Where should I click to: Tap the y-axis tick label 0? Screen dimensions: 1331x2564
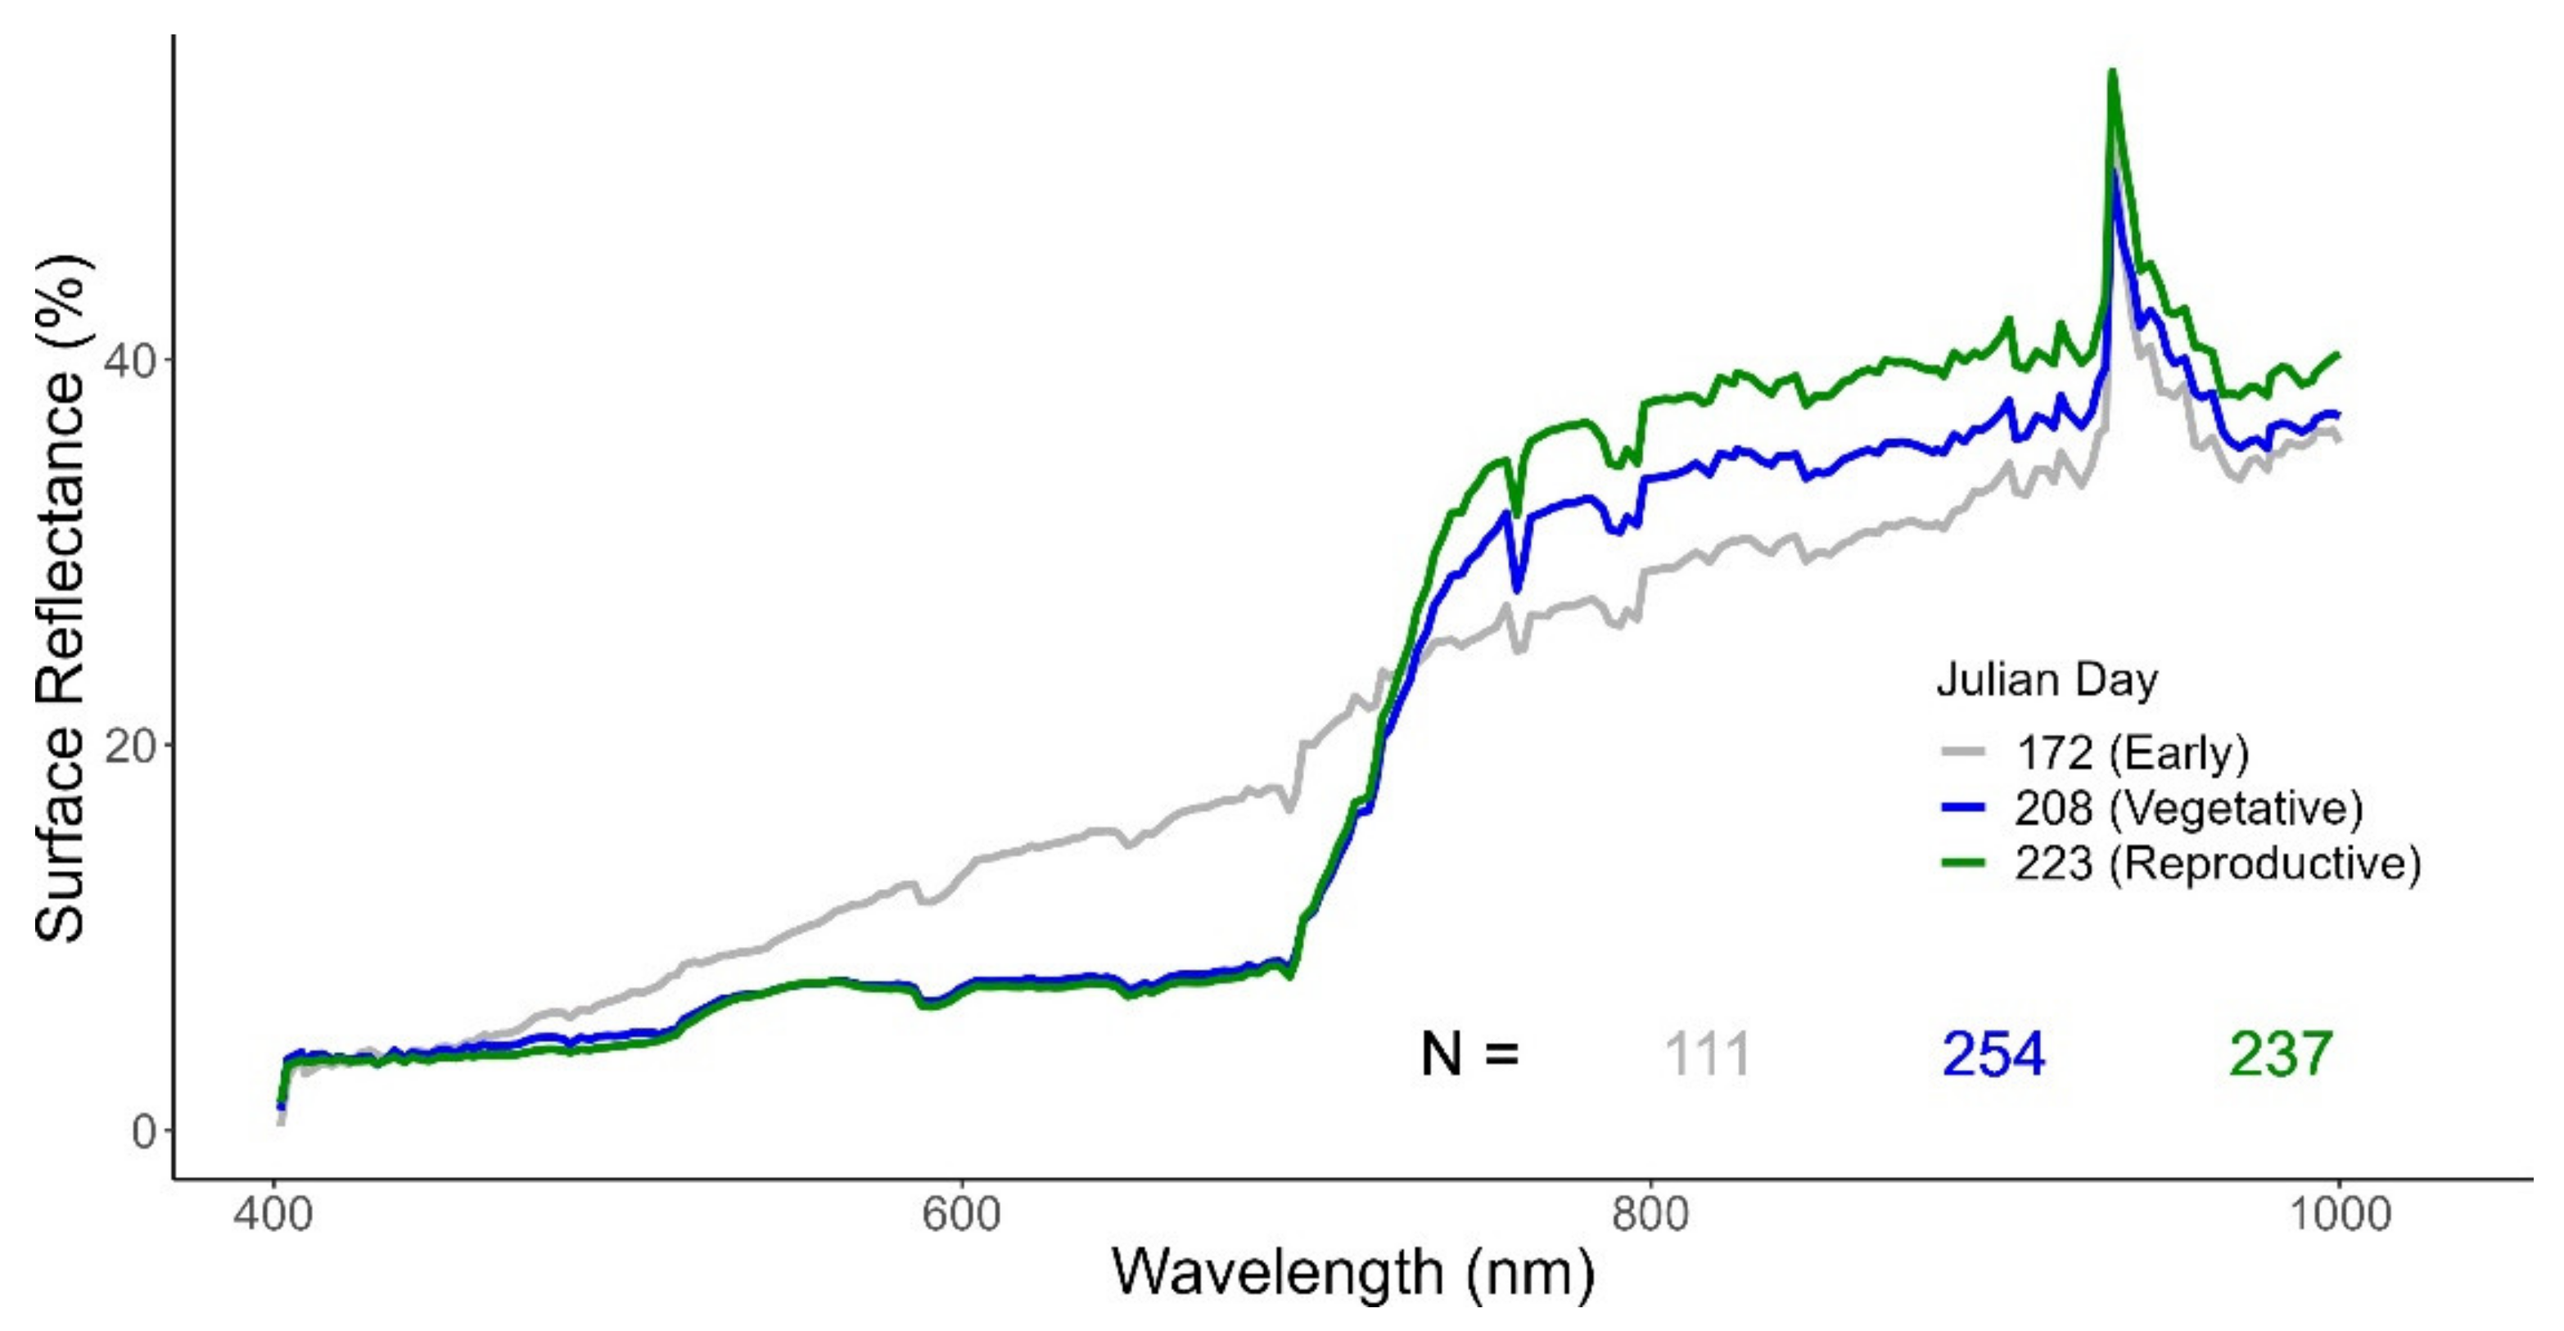pos(146,1131)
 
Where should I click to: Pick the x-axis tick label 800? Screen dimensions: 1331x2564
pos(1651,1215)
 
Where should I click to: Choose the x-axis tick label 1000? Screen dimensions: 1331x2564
pos(2338,1215)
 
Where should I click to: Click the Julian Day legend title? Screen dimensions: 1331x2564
pos(2047,681)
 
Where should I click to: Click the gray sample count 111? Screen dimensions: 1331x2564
pos(1707,1055)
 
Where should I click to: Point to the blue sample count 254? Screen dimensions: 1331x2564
pos(1993,1055)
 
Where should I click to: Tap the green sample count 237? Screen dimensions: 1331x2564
pos(2280,1055)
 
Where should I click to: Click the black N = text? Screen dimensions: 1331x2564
pos(1470,1055)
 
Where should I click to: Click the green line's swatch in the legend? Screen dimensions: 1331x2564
pos(1963,862)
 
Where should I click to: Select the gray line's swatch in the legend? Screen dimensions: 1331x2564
pos(1963,754)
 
